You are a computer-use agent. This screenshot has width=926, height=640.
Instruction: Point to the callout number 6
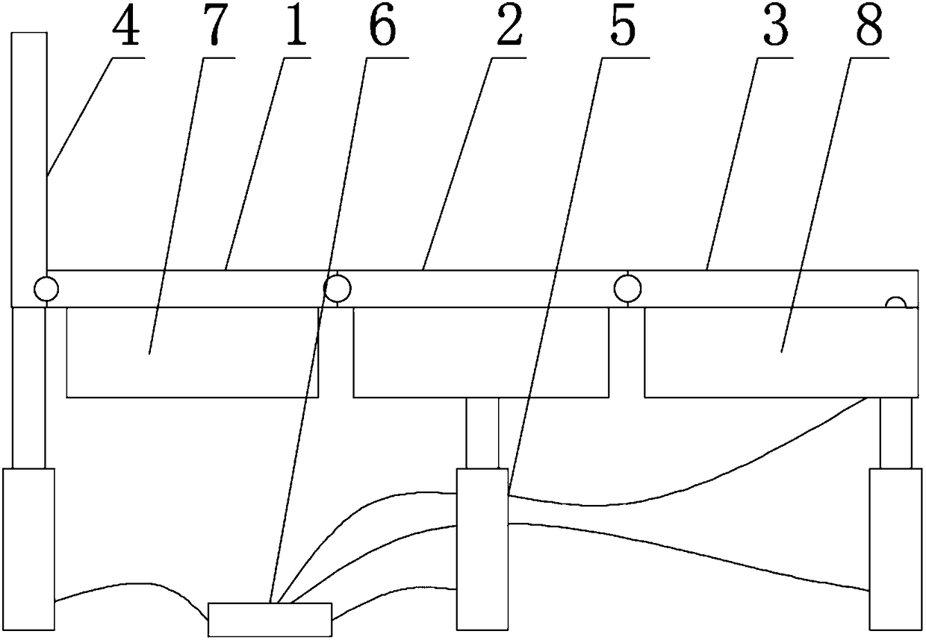point(382,28)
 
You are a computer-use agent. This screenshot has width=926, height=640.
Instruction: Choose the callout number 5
point(622,28)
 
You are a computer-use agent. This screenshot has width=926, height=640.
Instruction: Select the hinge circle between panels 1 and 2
point(337,287)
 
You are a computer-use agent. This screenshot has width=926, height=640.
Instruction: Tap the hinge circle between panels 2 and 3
point(627,287)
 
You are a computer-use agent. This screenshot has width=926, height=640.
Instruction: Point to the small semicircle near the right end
point(895,302)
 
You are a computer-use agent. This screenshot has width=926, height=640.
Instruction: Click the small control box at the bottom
point(270,619)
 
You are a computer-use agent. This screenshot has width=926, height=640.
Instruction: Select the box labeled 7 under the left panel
point(193,352)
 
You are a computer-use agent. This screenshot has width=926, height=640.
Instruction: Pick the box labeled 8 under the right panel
point(781,352)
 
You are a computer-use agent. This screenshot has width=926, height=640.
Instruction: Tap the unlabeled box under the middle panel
point(481,352)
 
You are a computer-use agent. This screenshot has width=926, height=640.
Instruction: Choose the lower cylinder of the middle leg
point(482,549)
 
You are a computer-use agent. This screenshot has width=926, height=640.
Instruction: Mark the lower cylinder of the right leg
point(895,549)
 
